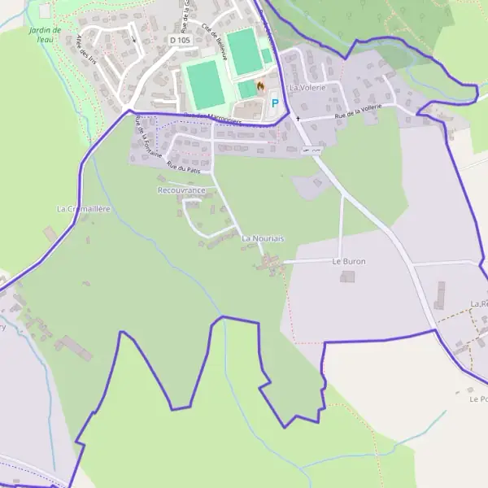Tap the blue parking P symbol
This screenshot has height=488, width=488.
[x=275, y=103]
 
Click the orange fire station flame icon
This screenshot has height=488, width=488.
[x=260, y=85]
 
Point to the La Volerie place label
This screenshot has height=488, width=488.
[x=307, y=87]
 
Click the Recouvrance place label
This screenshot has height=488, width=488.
[x=181, y=190]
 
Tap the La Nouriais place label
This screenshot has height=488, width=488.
[x=263, y=237]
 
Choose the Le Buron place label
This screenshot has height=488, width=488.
[x=349, y=261]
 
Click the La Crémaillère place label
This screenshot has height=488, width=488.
[x=83, y=209]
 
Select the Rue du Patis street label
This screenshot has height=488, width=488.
[x=183, y=167]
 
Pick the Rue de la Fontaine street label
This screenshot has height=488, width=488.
[x=145, y=134]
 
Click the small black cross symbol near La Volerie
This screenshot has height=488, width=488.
[x=297, y=119]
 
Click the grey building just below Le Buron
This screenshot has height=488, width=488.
[x=348, y=277]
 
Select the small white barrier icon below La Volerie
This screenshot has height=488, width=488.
[x=310, y=150]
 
